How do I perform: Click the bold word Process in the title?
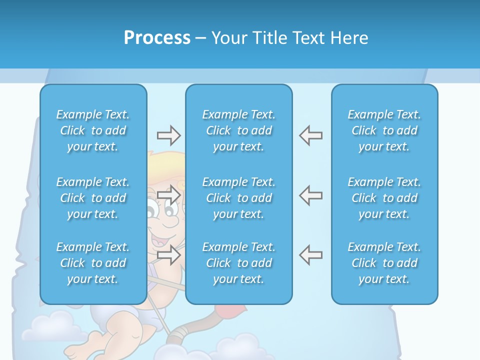[x=157, y=38]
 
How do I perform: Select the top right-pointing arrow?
[x=168, y=135]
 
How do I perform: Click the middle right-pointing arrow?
[x=168, y=195]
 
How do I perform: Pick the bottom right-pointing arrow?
[x=168, y=255]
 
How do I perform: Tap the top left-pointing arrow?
[x=310, y=135]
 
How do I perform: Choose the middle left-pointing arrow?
[x=310, y=195]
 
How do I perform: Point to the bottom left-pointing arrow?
[x=310, y=255]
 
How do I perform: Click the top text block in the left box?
[x=93, y=130]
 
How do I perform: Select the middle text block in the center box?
[x=238, y=198]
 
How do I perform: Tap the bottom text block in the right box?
[x=384, y=263]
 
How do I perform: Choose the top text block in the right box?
[x=384, y=130]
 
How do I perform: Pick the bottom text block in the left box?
[x=93, y=263]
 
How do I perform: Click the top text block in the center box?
[x=238, y=130]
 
